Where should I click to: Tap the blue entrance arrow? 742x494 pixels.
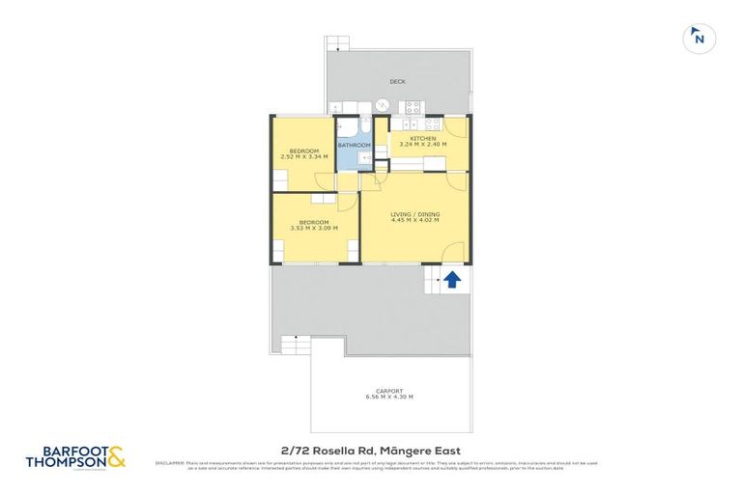451,279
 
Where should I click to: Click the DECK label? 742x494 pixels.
397,82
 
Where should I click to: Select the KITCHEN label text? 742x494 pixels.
422,139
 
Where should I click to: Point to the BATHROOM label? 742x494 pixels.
354,146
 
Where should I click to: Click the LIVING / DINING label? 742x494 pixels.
414,214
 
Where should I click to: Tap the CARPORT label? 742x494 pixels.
389,391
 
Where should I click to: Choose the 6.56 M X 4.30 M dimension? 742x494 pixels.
389,398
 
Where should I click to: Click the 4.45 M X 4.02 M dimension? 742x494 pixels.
414,221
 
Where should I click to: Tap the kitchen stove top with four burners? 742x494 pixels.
413,108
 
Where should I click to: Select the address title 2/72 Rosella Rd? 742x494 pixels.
370,451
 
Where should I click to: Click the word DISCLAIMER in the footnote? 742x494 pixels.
169,463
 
